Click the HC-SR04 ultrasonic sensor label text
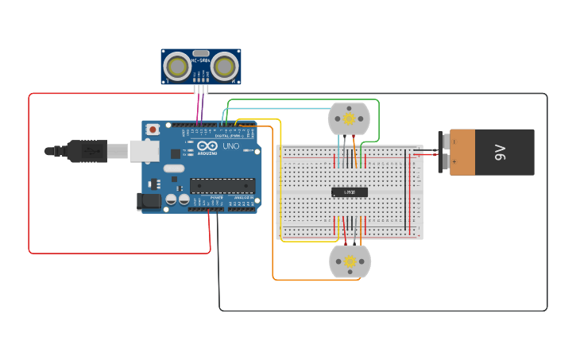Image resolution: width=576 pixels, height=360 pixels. (x=200, y=60)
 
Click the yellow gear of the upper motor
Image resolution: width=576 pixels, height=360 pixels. (x=349, y=118)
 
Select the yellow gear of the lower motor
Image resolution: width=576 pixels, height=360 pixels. (x=350, y=261)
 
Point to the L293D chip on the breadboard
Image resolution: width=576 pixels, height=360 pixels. (x=350, y=192)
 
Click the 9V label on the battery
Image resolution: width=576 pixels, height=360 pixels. (x=500, y=152)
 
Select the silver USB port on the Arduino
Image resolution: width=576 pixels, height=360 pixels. (x=144, y=150)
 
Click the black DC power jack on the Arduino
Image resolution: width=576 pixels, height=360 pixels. (x=149, y=202)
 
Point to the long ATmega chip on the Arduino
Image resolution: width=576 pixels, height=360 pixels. (x=222, y=185)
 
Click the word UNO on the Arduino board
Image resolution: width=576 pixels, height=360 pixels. (x=230, y=146)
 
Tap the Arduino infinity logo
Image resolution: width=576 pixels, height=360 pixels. (x=206, y=146)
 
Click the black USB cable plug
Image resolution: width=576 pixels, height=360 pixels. (x=87, y=150)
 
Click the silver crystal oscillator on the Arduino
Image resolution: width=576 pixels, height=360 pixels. (x=173, y=168)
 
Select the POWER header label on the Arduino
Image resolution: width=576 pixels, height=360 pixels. (x=216, y=197)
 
